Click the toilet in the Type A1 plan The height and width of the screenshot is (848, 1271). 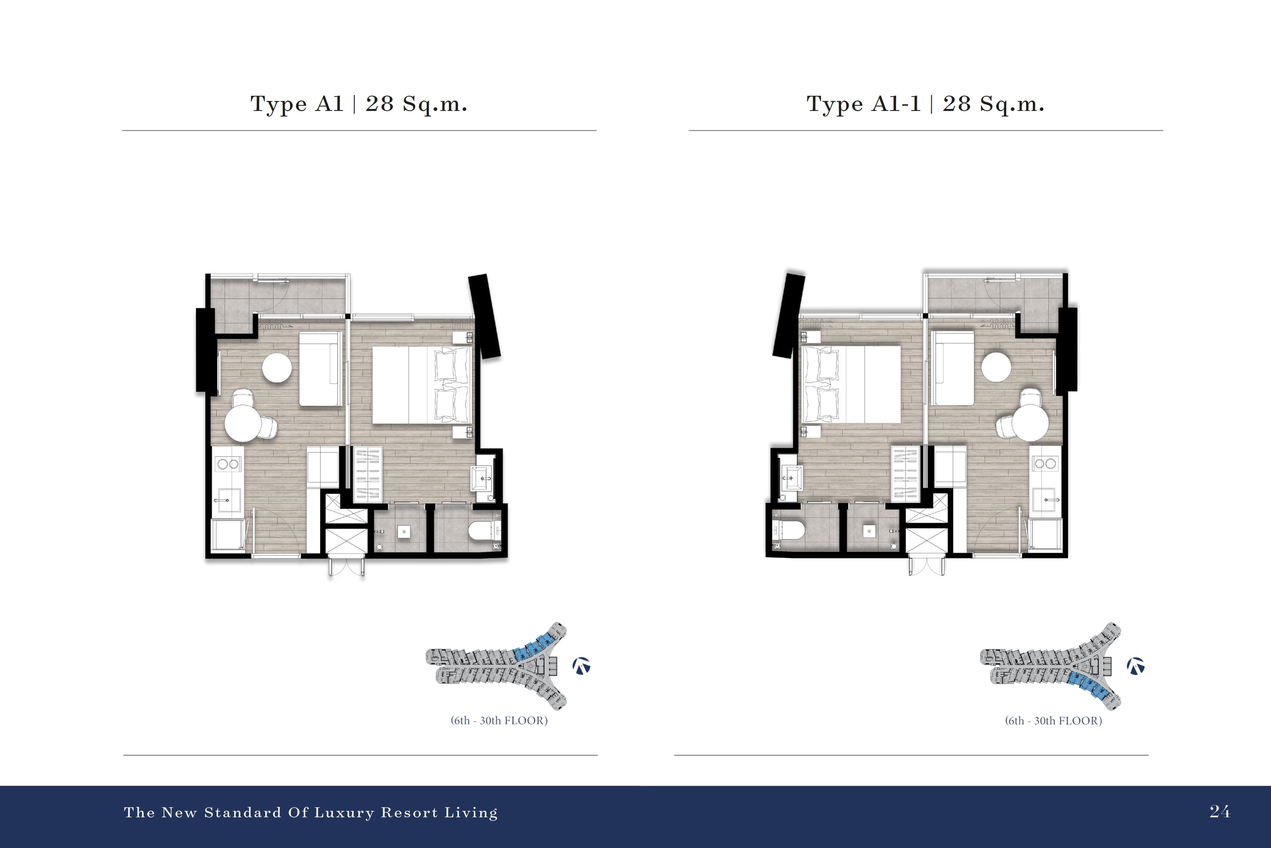tap(484, 532)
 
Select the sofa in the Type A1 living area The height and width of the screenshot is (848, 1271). tap(321, 368)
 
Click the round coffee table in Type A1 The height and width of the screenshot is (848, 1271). tap(277, 368)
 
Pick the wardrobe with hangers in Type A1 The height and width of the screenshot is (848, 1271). tap(367, 474)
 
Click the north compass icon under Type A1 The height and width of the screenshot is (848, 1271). tap(581, 666)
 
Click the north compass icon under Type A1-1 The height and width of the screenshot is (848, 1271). tap(1135, 666)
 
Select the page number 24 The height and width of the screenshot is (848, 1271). tap(1220, 811)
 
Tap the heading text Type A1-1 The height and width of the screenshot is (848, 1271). tap(863, 104)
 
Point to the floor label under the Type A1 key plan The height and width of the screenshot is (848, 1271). tap(499, 720)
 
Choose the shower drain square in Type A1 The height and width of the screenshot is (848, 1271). tap(404, 532)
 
